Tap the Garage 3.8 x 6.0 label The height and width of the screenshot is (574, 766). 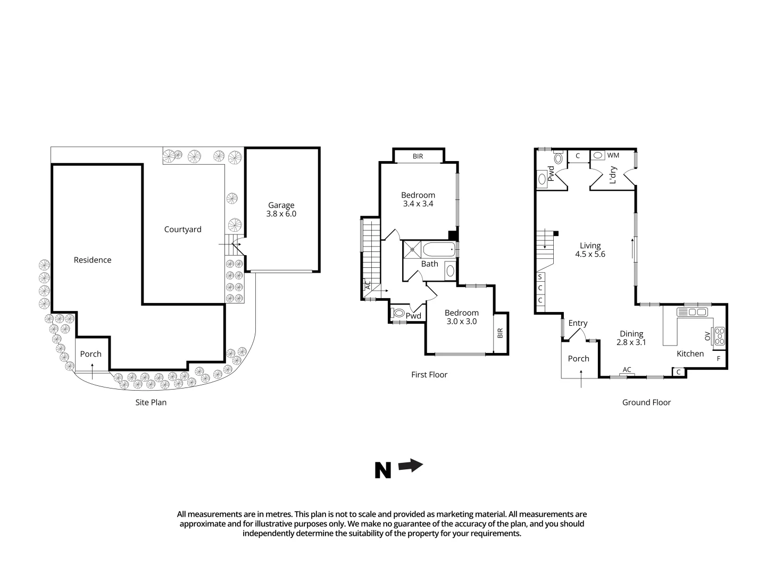click(281, 209)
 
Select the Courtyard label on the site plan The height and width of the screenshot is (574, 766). click(182, 230)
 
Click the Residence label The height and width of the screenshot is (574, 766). click(93, 260)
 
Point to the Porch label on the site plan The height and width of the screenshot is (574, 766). click(91, 354)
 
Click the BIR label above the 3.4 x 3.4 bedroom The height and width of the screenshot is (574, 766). click(418, 156)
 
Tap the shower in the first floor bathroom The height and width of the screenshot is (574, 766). click(412, 249)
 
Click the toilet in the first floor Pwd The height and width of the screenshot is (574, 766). click(397, 313)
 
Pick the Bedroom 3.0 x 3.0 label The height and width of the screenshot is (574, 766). click(462, 317)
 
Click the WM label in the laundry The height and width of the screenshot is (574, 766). click(613, 155)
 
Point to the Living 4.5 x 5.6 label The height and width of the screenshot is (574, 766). click(590, 250)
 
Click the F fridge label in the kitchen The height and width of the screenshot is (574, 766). click(719, 359)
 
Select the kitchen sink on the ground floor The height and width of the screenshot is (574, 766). click(692, 312)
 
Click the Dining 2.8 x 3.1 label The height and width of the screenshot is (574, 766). click(631, 338)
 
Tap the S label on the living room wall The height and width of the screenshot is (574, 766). click(540, 277)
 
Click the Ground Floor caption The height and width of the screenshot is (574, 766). click(646, 402)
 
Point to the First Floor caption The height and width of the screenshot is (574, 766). click(429, 375)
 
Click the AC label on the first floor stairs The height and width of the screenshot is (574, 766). click(367, 285)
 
